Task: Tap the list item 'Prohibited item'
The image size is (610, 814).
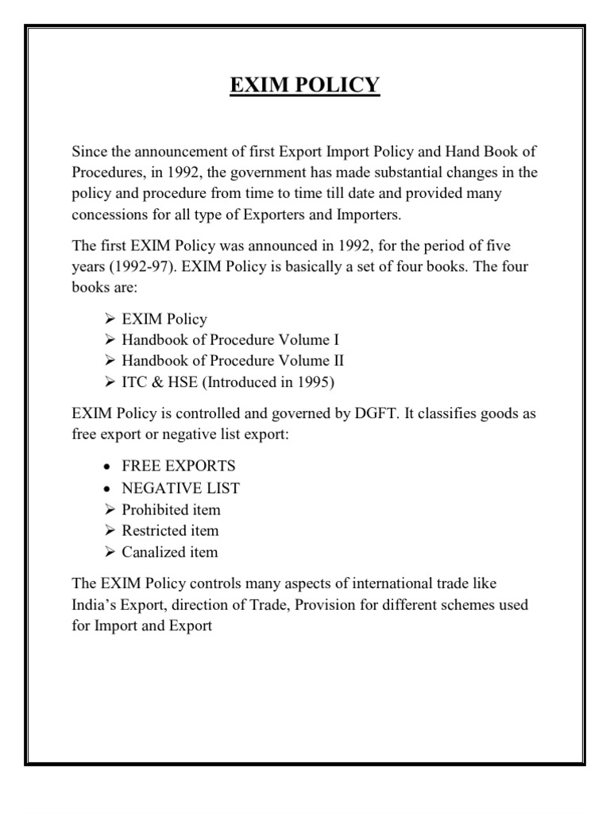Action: (171, 509)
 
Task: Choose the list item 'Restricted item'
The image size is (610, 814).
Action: (170, 530)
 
